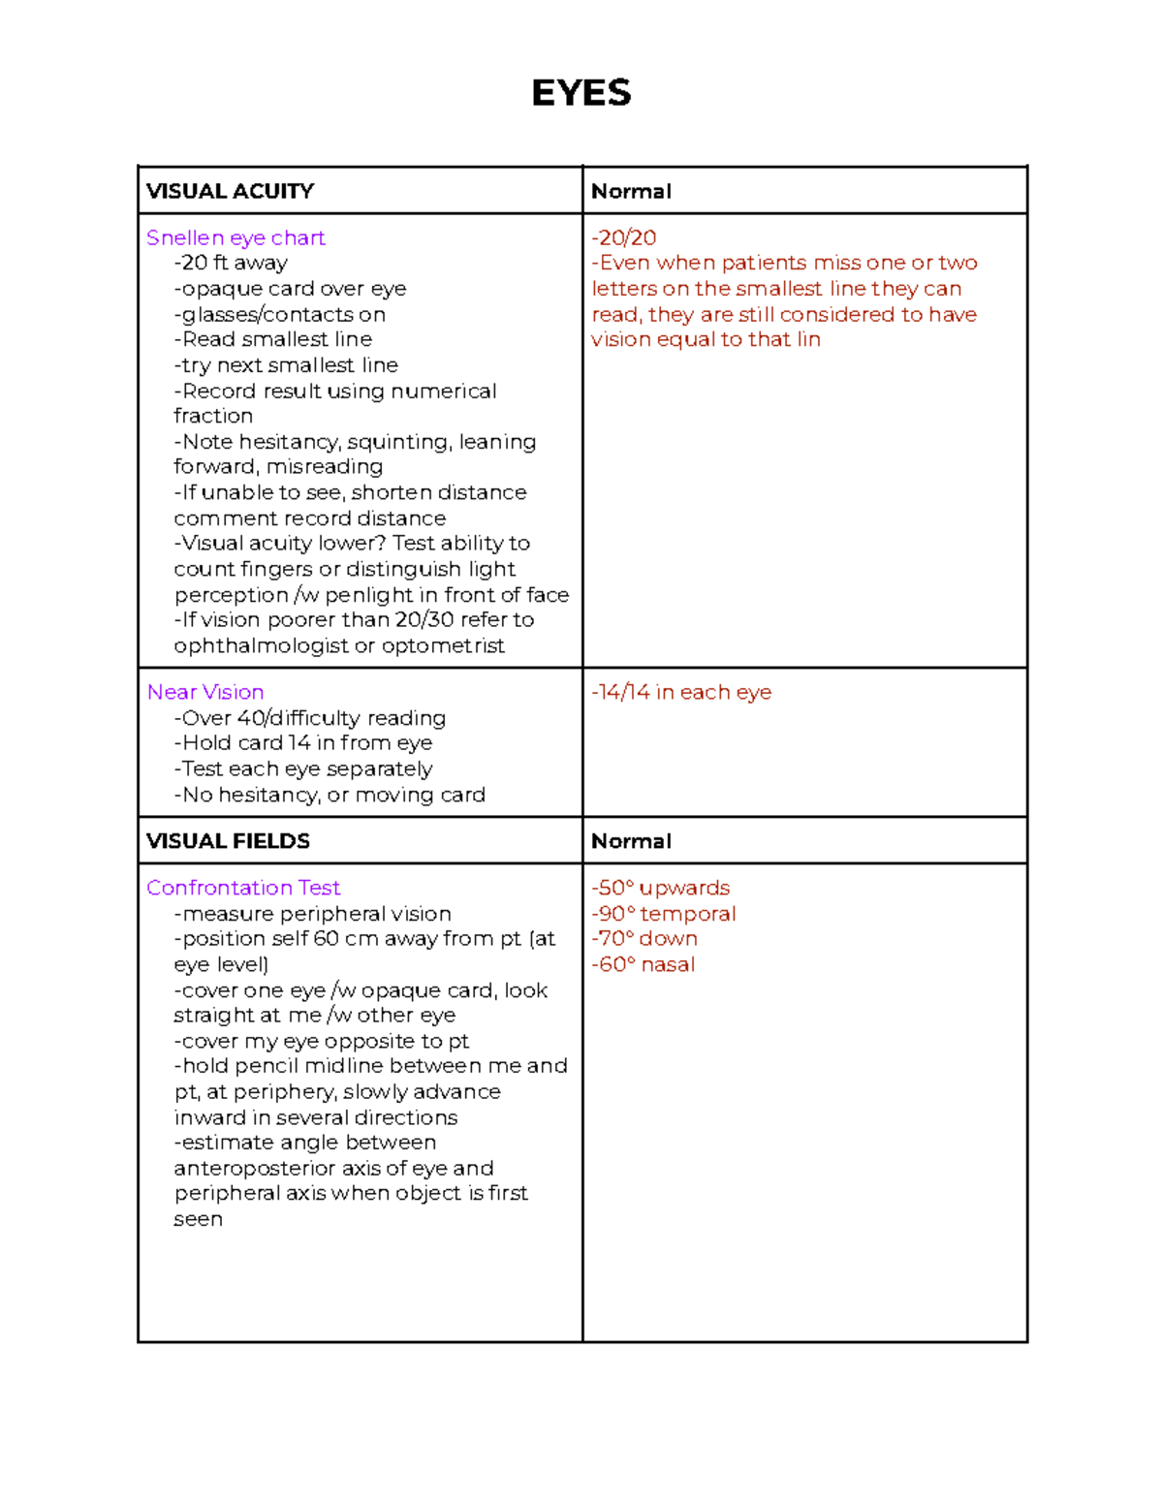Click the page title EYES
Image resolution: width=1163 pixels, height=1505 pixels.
coord(581,93)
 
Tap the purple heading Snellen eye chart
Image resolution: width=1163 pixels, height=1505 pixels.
coord(236,237)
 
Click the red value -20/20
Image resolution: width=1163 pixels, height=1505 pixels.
coord(624,237)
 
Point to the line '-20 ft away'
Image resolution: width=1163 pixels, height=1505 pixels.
coord(231,263)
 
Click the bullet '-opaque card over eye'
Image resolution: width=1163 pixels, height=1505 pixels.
coord(290,289)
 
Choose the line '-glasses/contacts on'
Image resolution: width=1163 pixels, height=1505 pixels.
coord(279,314)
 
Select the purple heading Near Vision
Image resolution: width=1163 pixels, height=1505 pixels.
coord(205,692)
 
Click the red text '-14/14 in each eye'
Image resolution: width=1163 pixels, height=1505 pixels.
coord(681,692)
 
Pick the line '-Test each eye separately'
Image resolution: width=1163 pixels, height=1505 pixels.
coord(303,768)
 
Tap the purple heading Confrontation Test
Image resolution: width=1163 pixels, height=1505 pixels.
coord(243,888)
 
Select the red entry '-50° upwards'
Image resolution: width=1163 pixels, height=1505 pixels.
coord(661,888)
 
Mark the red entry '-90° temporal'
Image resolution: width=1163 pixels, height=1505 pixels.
coord(664,914)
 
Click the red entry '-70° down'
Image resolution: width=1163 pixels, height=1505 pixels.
coord(644,938)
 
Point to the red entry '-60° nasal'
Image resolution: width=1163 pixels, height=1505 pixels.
coord(644,964)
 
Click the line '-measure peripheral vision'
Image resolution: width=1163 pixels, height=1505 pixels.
coord(312,914)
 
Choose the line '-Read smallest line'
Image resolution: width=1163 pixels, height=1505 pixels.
coord(273,339)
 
